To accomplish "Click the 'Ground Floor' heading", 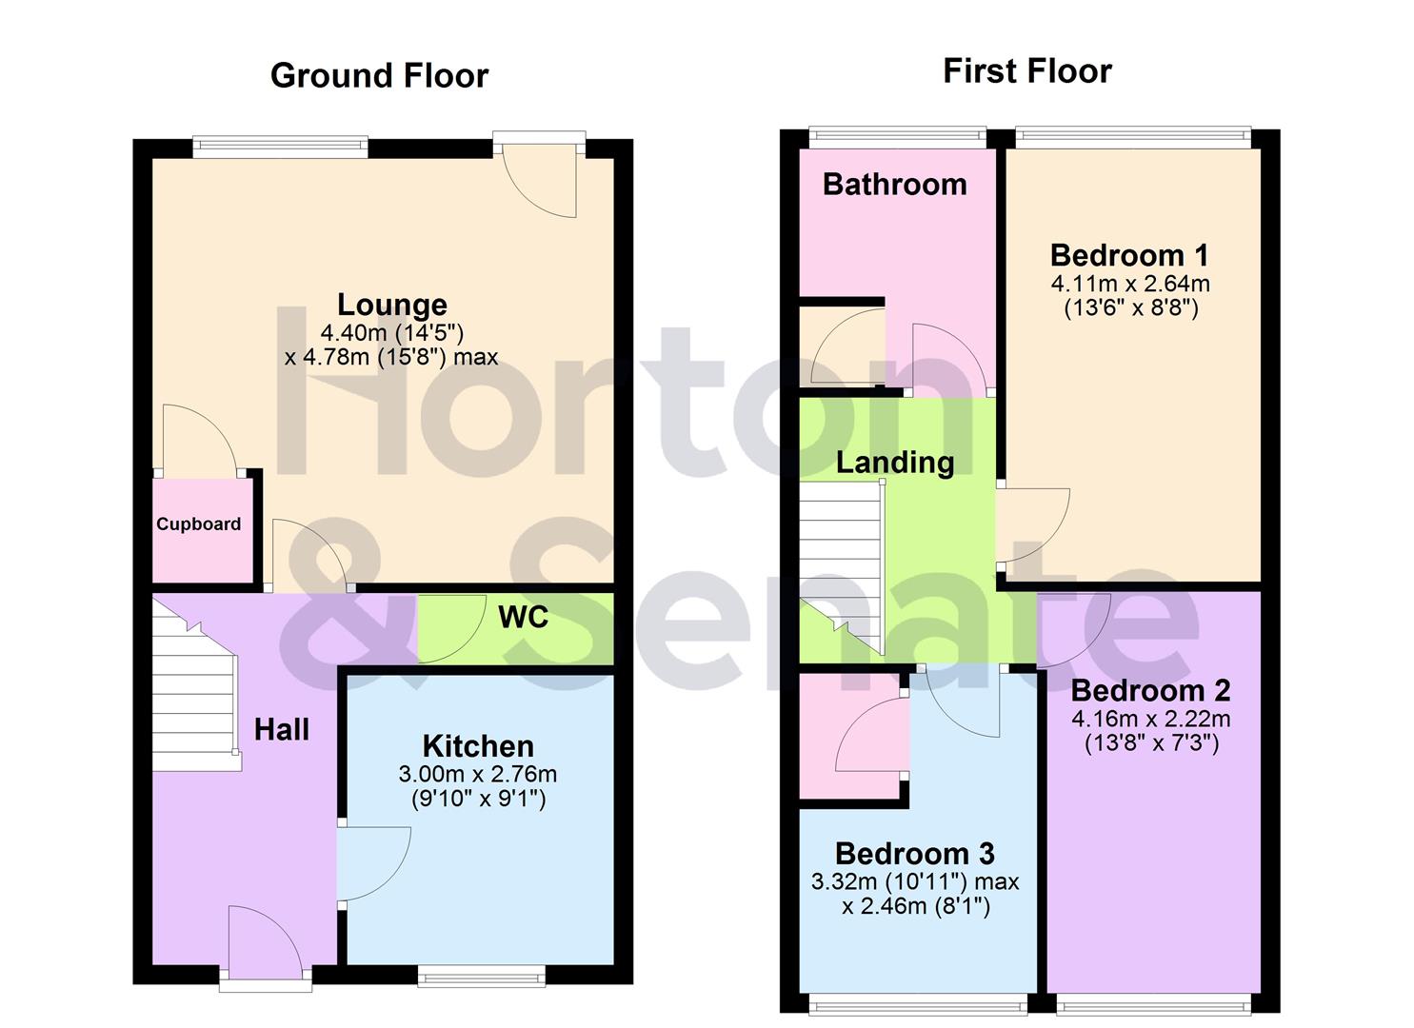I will point(379,76).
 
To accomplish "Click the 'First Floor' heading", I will point(1026,71).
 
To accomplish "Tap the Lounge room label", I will point(391,305).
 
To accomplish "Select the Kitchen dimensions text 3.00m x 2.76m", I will point(477,774).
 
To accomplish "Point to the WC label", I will point(523,617).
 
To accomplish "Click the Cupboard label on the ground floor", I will point(198,524).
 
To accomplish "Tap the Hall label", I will point(281,730).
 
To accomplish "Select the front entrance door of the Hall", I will point(266,942).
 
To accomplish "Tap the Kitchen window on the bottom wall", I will point(481,975).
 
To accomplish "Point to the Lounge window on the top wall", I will point(279,147).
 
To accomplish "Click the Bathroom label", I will point(894,184).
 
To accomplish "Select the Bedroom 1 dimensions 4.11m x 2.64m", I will point(1130,284).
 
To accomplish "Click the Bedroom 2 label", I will point(1150,690).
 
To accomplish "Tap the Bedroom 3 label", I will point(914,853).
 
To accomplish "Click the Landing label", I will point(894,463).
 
